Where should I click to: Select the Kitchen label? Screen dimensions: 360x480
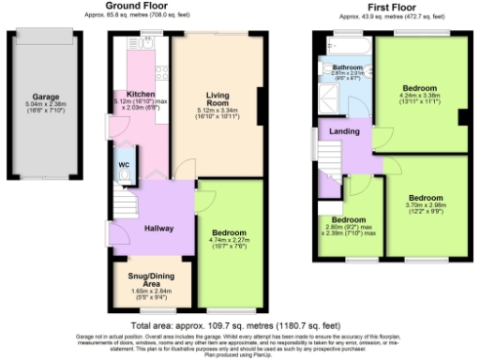141,94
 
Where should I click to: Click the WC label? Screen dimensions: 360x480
124,165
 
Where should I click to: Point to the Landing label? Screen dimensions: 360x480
344,131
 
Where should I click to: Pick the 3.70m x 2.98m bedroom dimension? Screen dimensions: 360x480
425,205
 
